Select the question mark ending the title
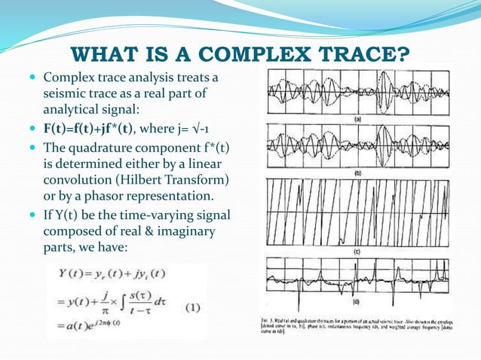pyautogui.click(x=405, y=56)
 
